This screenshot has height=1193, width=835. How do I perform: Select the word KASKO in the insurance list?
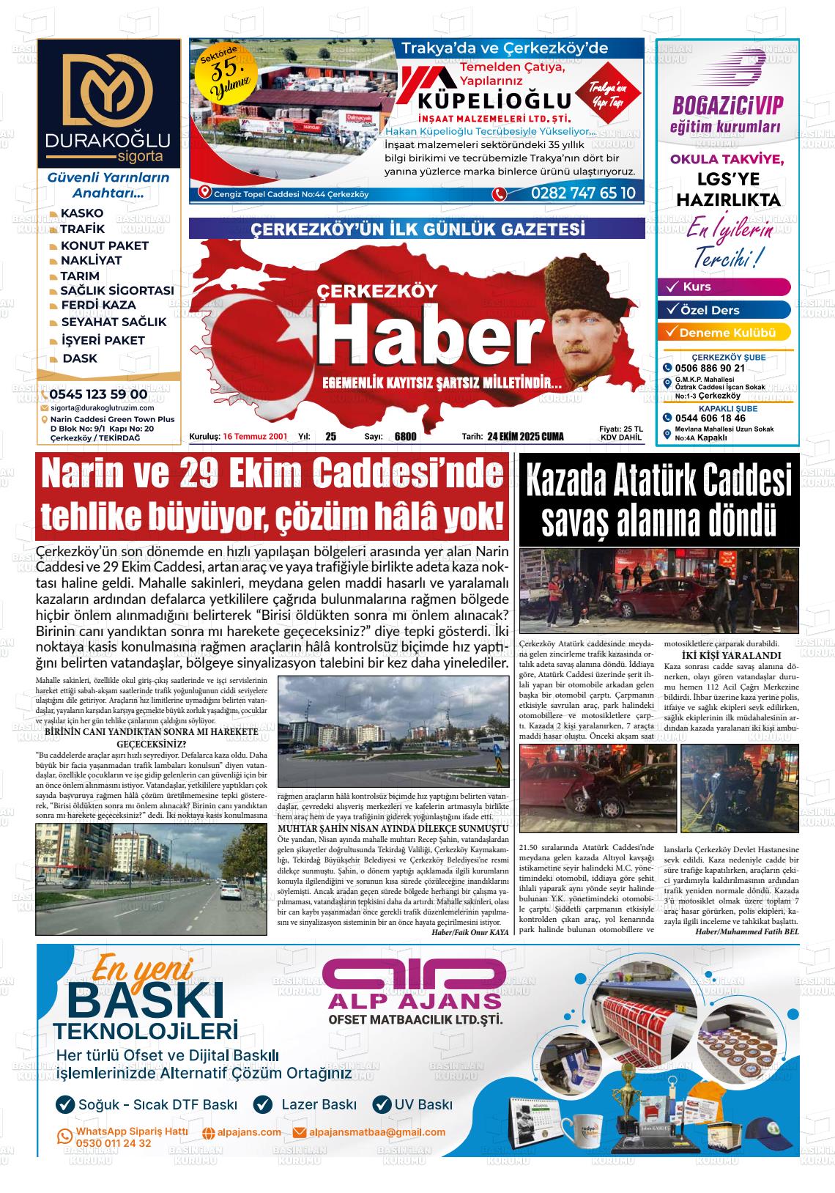(81, 213)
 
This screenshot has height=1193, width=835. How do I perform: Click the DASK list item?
(79, 358)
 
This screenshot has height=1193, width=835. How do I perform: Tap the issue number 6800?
(405, 437)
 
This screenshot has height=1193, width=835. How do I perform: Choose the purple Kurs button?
(724, 287)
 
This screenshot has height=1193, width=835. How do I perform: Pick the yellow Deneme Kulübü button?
(724, 333)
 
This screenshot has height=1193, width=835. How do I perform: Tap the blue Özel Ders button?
(724, 310)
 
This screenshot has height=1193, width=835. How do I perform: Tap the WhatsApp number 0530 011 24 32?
(114, 1143)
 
